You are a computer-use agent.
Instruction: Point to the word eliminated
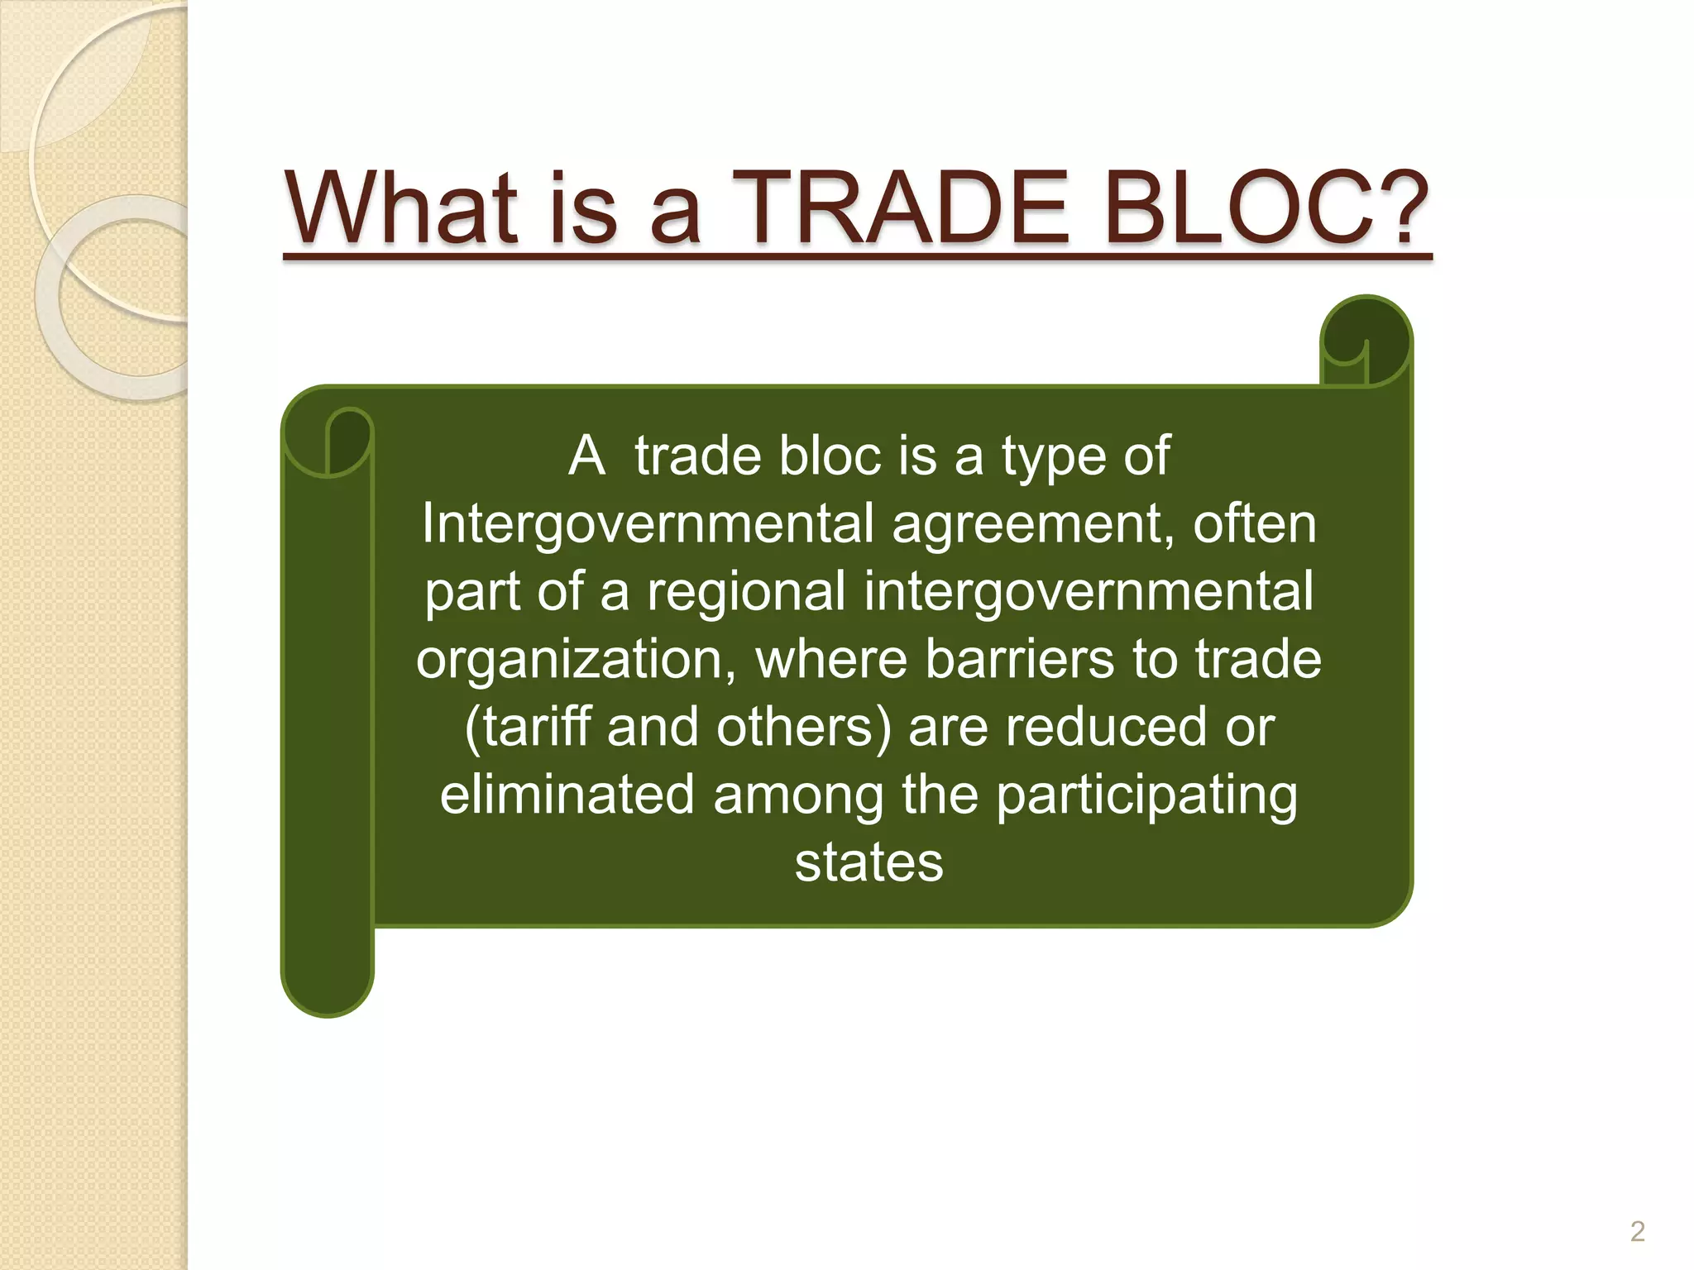click(x=567, y=795)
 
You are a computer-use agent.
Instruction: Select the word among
click(x=798, y=796)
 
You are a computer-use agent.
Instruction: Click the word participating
click(x=1146, y=796)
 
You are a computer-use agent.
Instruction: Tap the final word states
click(x=869, y=863)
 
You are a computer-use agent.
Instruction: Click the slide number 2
click(x=1637, y=1232)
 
